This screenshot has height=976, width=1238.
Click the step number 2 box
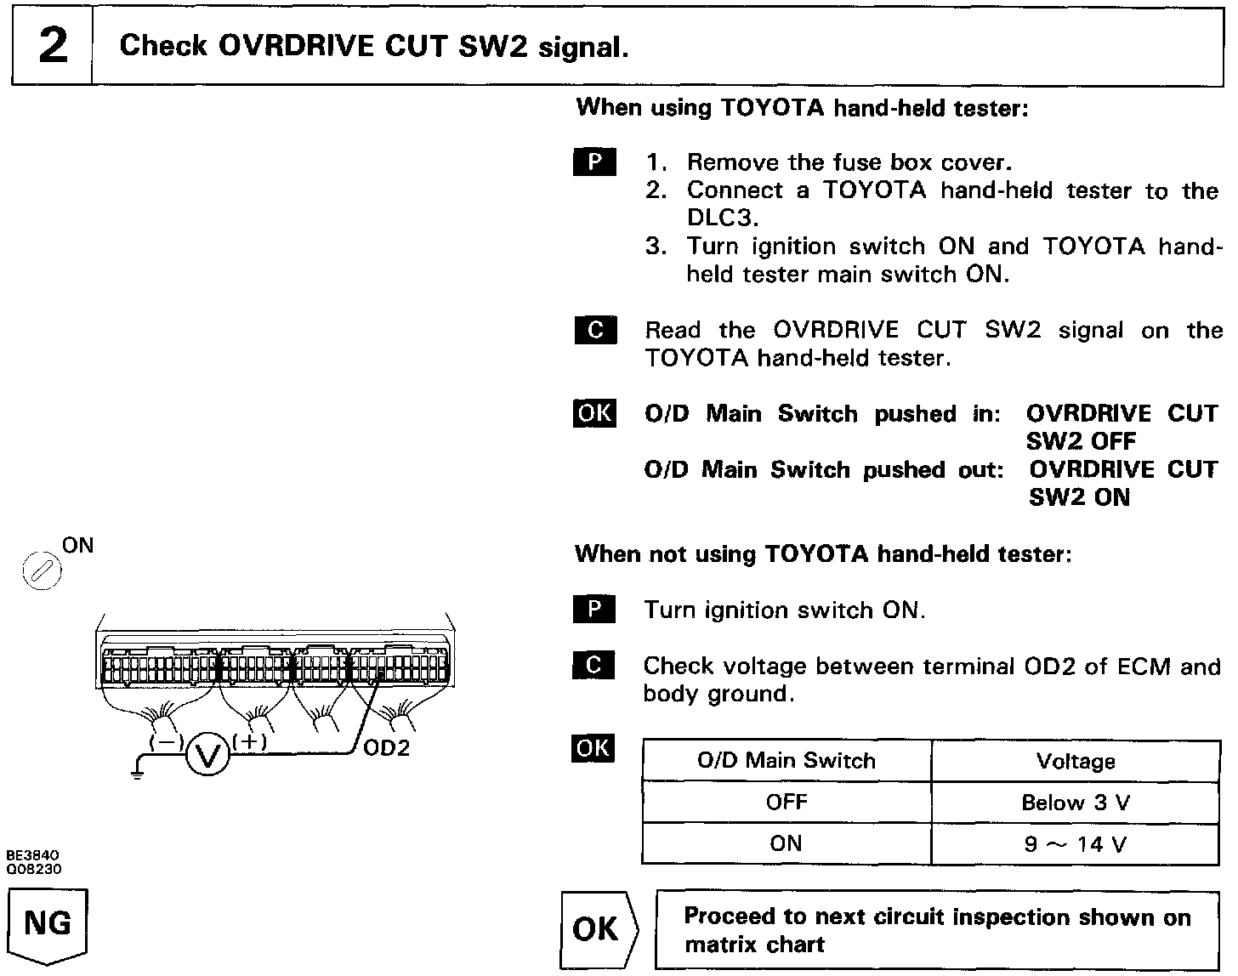click(52, 46)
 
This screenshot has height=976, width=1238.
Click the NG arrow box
click(48, 924)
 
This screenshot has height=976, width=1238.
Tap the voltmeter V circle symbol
click(207, 754)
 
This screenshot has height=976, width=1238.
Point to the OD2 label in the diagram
click(386, 748)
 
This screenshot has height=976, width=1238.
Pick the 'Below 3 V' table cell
click(1076, 803)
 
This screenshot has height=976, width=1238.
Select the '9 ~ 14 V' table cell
click(1076, 843)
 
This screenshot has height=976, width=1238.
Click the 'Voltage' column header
click(1076, 761)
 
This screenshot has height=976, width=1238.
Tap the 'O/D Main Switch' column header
click(787, 760)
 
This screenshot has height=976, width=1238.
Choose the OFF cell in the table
click(787, 803)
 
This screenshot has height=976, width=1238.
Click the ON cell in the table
click(787, 843)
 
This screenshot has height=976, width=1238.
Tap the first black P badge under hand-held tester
click(594, 162)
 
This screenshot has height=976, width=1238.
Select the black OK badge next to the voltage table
click(593, 748)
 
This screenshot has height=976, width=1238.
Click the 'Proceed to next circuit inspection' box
click(937, 930)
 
